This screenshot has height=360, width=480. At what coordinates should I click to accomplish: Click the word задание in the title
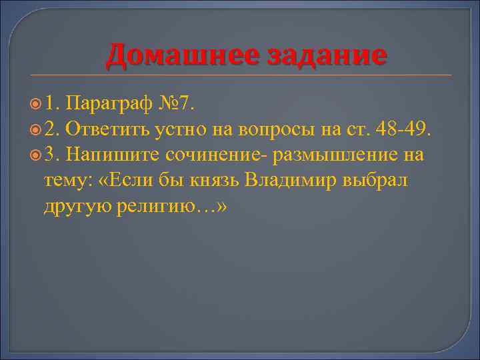pyautogui.click(x=326, y=55)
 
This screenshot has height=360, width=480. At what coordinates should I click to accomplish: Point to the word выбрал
pyautogui.click(x=380, y=181)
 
